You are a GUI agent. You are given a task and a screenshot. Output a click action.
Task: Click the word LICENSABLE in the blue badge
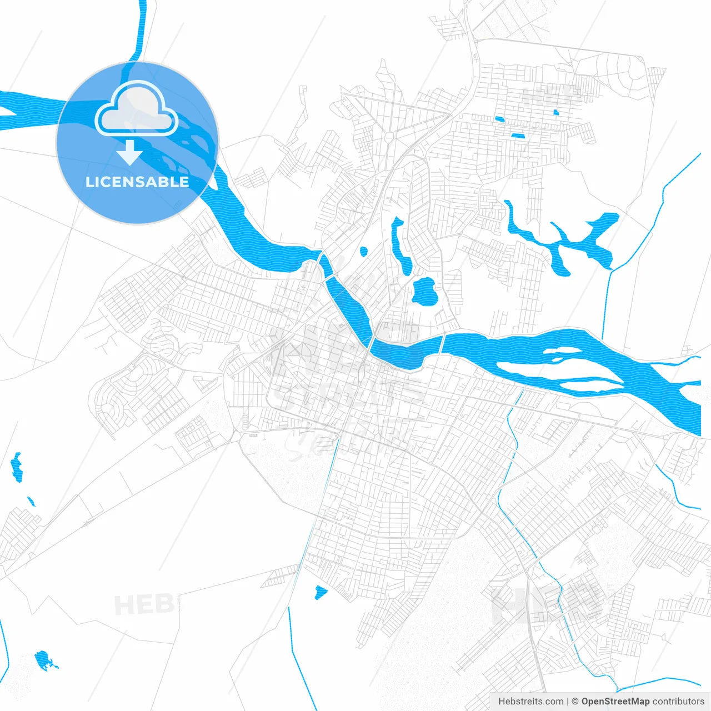pyautogui.click(x=137, y=182)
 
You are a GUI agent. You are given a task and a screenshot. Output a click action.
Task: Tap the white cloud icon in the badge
pyautogui.click(x=137, y=111)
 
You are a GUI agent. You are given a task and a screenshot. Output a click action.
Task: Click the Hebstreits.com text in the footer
pyautogui.click(x=530, y=702)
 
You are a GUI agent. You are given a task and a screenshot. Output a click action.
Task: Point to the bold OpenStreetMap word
pyautogui.click(x=615, y=702)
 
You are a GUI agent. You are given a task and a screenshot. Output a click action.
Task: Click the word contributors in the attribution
pyautogui.click(x=678, y=702)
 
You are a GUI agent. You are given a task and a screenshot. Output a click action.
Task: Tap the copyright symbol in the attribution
pyautogui.click(x=575, y=702)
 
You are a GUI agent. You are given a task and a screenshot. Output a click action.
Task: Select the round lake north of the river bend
pyautogui.click(x=424, y=292)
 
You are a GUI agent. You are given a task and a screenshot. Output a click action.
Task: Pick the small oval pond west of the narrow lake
pyautogui.click(x=364, y=252)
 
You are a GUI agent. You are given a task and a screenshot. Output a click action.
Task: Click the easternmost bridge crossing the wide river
pyautogui.click(x=443, y=344)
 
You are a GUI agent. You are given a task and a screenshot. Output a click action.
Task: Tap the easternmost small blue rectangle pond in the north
pyautogui.click(x=556, y=113)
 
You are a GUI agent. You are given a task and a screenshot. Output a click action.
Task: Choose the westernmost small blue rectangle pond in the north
pyautogui.click(x=499, y=118)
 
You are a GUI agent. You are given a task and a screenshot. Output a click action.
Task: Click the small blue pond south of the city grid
pyautogui.click(x=321, y=592)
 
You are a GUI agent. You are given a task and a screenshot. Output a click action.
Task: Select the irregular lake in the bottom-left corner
pyautogui.click(x=43, y=660)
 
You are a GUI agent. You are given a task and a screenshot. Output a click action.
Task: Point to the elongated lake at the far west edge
pyautogui.click(x=17, y=467)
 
